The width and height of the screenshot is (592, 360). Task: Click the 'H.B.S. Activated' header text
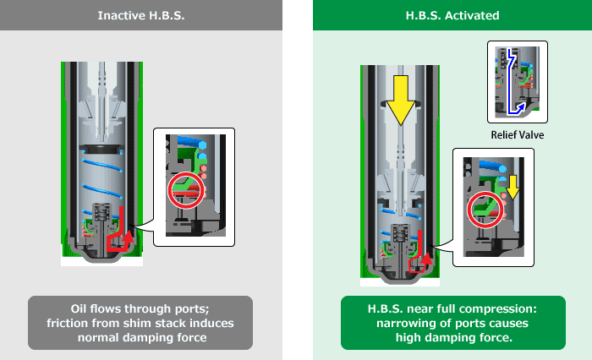pos(443,16)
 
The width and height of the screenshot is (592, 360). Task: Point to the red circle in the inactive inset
pos(185,187)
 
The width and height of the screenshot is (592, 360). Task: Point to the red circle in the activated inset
pos(485,208)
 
